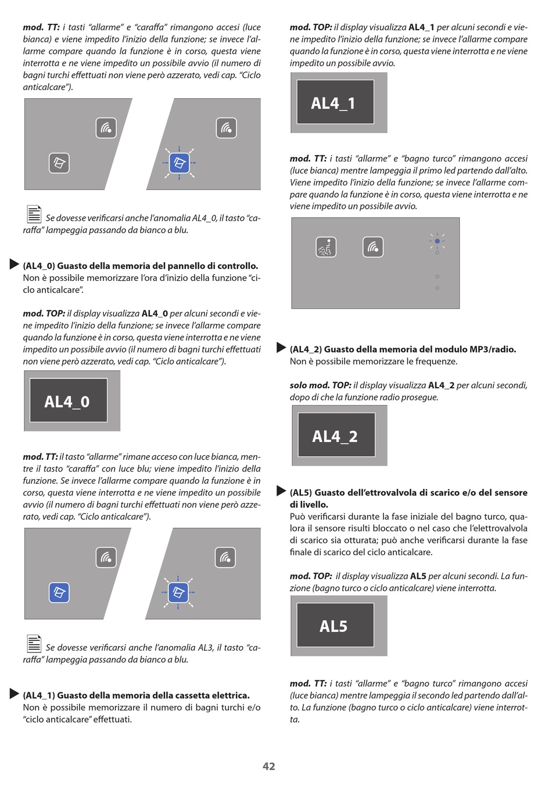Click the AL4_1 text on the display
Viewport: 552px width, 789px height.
click(x=333, y=103)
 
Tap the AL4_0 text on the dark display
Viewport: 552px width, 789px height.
click(x=67, y=402)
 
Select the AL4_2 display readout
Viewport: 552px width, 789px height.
click(x=335, y=437)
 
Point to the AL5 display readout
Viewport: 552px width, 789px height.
click(x=334, y=626)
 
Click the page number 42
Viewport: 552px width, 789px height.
click(x=269, y=766)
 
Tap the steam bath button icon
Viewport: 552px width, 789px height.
click(x=326, y=247)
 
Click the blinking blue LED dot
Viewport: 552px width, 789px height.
click(x=437, y=241)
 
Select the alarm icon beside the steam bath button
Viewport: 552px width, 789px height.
click(x=373, y=247)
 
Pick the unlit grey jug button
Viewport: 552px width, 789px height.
click(x=59, y=163)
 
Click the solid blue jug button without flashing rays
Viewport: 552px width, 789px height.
click(x=59, y=593)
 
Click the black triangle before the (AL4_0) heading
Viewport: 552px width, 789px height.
click(x=14, y=264)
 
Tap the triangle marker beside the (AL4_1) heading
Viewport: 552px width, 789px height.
click(x=14, y=694)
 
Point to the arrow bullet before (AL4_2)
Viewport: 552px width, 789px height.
click(x=281, y=348)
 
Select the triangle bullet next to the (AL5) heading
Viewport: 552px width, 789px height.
click(x=281, y=491)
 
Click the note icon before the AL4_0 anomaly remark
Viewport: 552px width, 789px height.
click(x=34, y=214)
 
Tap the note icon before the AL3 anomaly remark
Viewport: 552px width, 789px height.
click(x=34, y=644)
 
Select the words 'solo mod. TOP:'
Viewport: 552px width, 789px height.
click(x=320, y=385)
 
